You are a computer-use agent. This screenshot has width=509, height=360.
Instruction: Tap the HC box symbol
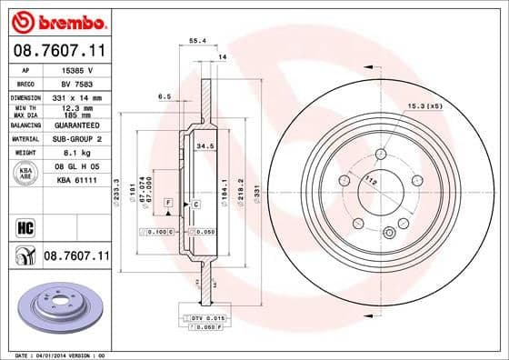[25, 225]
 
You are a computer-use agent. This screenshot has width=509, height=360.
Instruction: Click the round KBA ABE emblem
[25, 174]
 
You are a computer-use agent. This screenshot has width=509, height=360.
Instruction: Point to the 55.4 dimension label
[195, 41]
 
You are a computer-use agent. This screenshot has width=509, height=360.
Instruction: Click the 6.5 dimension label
[165, 95]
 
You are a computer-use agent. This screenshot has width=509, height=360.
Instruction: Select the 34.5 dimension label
[205, 145]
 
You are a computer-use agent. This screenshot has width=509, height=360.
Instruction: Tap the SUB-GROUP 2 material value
[76, 140]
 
